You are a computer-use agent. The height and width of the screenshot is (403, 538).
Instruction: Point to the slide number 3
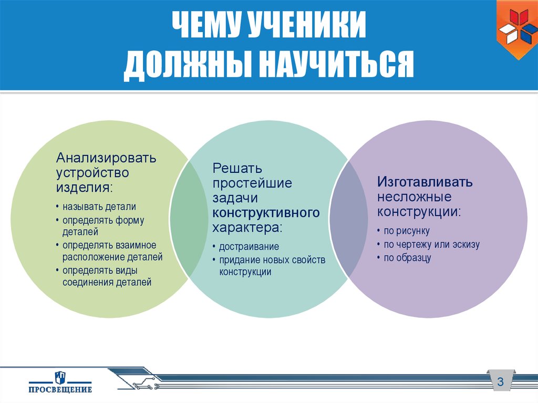click(500, 381)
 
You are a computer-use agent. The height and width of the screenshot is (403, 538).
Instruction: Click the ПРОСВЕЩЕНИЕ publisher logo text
click(60, 389)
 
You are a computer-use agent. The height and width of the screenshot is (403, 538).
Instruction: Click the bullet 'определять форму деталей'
click(103, 225)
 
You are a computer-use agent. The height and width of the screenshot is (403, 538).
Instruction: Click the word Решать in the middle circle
click(237, 169)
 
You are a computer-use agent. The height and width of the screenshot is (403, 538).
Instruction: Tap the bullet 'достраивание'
click(249, 246)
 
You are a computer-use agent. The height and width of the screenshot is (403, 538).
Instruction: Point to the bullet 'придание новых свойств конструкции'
click(272, 265)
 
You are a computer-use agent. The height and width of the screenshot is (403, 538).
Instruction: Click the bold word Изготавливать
click(425, 182)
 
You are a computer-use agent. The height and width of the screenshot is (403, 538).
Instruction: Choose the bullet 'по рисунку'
click(407, 231)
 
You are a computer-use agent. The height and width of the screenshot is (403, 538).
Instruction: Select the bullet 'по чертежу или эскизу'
click(431, 244)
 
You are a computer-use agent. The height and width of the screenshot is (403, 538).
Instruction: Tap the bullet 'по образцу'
click(407, 258)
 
